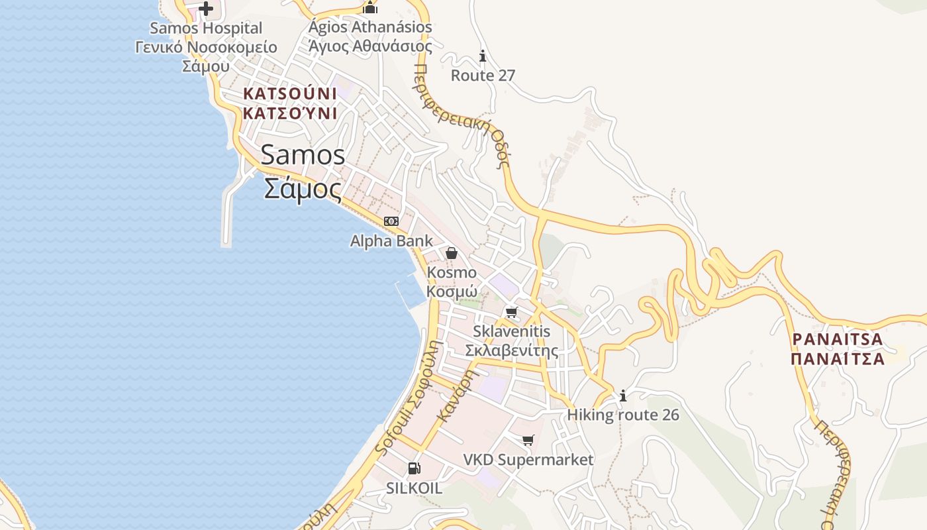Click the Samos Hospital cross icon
[x=206, y=9]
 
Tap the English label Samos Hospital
[x=206, y=28]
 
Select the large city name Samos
[x=303, y=155]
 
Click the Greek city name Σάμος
[x=303, y=188]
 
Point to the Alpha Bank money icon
[x=391, y=221]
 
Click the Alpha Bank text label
[x=391, y=240]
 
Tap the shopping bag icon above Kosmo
[x=452, y=252]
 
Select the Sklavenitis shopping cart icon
[x=511, y=311]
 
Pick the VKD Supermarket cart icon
[x=528, y=440]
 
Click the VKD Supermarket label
[x=528, y=459]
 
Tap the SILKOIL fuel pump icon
[x=414, y=468]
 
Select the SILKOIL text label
[x=414, y=488]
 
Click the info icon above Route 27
[x=483, y=56]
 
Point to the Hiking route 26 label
[x=623, y=415]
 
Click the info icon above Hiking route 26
[x=622, y=396]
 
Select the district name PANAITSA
[x=838, y=339]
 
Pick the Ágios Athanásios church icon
[x=370, y=8]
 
